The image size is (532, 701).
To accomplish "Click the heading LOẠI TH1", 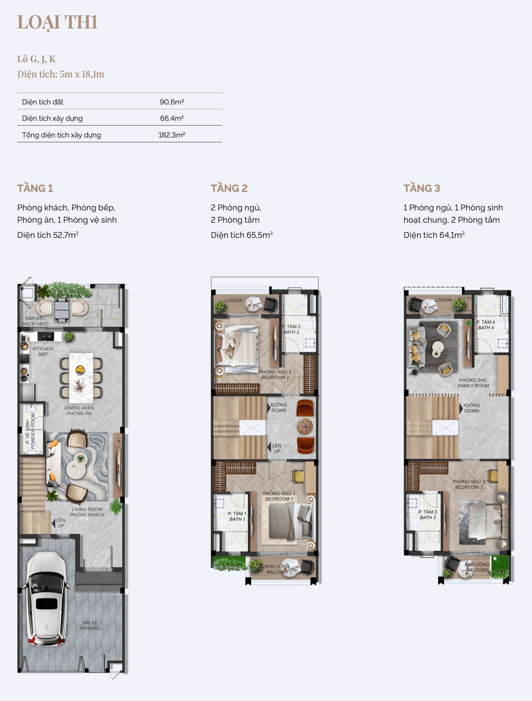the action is (x=57, y=22).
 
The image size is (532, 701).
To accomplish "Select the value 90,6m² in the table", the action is (x=172, y=102).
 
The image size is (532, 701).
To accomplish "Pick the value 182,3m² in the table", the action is (x=172, y=135).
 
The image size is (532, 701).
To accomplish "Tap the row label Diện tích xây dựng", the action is (x=52, y=119).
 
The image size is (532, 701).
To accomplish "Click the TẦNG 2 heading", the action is (x=229, y=188).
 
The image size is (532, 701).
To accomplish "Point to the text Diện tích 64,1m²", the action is (x=434, y=235).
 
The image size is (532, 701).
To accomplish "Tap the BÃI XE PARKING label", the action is (x=90, y=625).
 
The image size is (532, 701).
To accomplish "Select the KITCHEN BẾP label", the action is (x=43, y=352).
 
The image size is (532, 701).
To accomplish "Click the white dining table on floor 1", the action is (x=81, y=378).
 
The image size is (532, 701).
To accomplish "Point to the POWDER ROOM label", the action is (x=33, y=432).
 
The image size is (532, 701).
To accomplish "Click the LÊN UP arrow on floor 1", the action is (x=54, y=523).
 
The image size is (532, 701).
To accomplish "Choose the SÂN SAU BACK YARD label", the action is (x=35, y=321).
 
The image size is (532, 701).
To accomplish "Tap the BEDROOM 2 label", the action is (x=275, y=378).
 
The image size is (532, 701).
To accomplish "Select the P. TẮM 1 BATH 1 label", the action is (x=237, y=516).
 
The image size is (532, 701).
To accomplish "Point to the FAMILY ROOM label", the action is (x=473, y=386).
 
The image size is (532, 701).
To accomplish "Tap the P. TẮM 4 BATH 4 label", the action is (x=486, y=325).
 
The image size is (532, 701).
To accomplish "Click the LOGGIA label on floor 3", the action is (x=443, y=300).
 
